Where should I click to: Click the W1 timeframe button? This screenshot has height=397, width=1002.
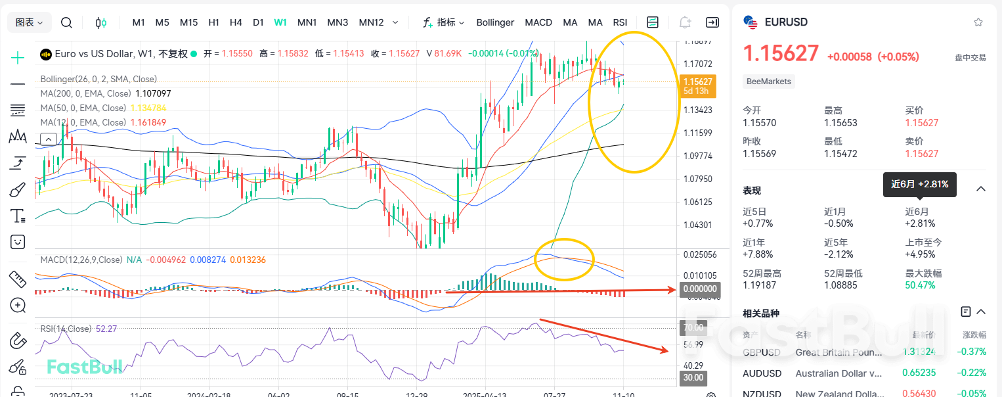coord(280,22)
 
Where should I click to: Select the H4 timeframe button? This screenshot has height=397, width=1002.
coord(236,22)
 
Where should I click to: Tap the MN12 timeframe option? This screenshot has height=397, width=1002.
coord(371,22)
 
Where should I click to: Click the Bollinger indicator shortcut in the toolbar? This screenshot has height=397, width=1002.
coord(495,22)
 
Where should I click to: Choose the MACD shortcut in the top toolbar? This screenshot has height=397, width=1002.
coord(538,22)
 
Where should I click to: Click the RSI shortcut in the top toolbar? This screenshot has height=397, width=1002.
coord(620,22)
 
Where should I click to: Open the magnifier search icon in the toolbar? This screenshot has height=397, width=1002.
coord(66,22)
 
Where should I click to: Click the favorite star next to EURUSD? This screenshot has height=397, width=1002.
coord(978,22)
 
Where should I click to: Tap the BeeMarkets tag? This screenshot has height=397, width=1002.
coord(769,82)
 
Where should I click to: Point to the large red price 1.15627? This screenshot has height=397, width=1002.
coord(781,54)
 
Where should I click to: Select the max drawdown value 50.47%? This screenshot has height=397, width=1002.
coord(921,285)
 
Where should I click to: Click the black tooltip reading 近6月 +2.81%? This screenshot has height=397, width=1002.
coord(919,185)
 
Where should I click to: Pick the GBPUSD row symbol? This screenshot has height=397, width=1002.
coord(762,352)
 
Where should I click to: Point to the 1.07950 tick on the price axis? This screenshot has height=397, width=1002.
coord(698,179)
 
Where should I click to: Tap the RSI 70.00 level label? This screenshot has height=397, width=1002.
coord(693,327)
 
